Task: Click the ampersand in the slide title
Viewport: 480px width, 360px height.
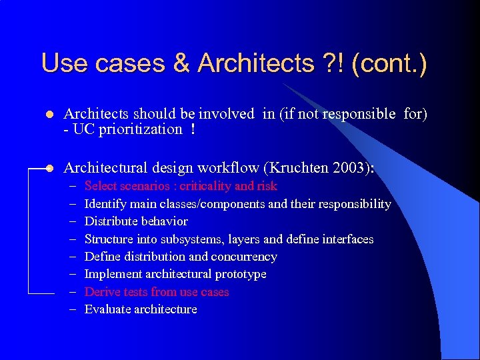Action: [x=180, y=64]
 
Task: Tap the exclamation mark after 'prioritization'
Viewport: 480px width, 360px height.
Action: [x=193, y=129]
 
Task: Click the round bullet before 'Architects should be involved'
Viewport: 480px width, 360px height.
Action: [x=48, y=115]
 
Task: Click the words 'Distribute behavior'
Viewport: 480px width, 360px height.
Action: [x=136, y=221]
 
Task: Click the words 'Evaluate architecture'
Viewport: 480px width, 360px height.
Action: [x=141, y=309]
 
